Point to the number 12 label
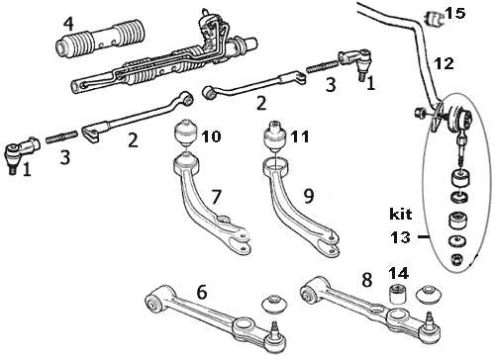point(445,63)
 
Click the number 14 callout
point(398,273)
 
